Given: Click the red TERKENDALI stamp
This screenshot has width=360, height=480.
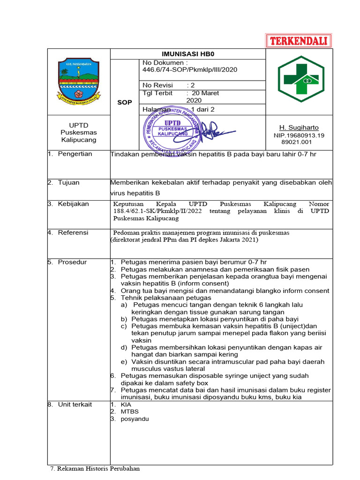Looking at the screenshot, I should (299, 41).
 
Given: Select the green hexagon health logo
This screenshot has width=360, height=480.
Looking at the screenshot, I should (298, 81).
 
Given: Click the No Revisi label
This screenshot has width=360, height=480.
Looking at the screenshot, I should (157, 85).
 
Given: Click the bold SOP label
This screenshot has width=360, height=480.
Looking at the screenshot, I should (125, 102).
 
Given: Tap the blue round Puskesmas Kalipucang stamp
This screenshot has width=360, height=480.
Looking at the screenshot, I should (172, 129).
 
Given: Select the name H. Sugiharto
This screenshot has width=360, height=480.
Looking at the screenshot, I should (299, 127).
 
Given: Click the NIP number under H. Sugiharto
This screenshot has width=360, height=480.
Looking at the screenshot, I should (299, 139).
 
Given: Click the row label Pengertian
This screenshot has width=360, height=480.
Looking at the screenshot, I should (75, 154).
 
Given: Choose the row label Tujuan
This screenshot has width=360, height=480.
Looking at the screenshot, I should (68, 182).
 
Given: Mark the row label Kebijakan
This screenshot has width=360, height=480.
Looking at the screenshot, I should (73, 204).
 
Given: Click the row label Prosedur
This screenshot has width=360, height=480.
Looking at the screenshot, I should (72, 262).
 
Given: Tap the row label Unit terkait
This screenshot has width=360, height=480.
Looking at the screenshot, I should (75, 404).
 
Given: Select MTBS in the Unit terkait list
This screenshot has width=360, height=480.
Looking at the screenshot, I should (130, 412).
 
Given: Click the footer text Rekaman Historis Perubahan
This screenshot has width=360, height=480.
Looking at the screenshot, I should (98, 468).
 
